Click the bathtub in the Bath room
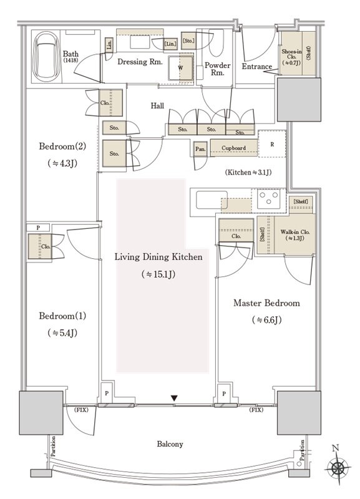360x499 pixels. tap(46, 56)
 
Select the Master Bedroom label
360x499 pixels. tap(266, 303)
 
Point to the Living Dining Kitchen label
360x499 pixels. tap(158, 257)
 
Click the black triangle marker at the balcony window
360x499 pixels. tap(174, 398)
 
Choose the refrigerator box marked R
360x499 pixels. tap(272, 144)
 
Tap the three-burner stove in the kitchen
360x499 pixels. tap(269, 198)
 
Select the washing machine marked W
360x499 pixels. tap(180, 68)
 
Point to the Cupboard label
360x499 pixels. tap(233, 148)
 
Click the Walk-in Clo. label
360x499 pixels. tap(294, 235)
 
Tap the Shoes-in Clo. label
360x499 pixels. tap(291, 57)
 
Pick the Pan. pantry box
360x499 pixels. tap(200, 148)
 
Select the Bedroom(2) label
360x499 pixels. tap(62, 147)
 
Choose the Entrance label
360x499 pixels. tap(257, 67)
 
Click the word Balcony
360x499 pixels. tap(170, 444)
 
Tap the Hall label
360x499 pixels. tap(157, 105)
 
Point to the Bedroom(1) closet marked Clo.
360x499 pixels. tap(40, 246)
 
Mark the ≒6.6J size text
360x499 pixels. tap(267, 320)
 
